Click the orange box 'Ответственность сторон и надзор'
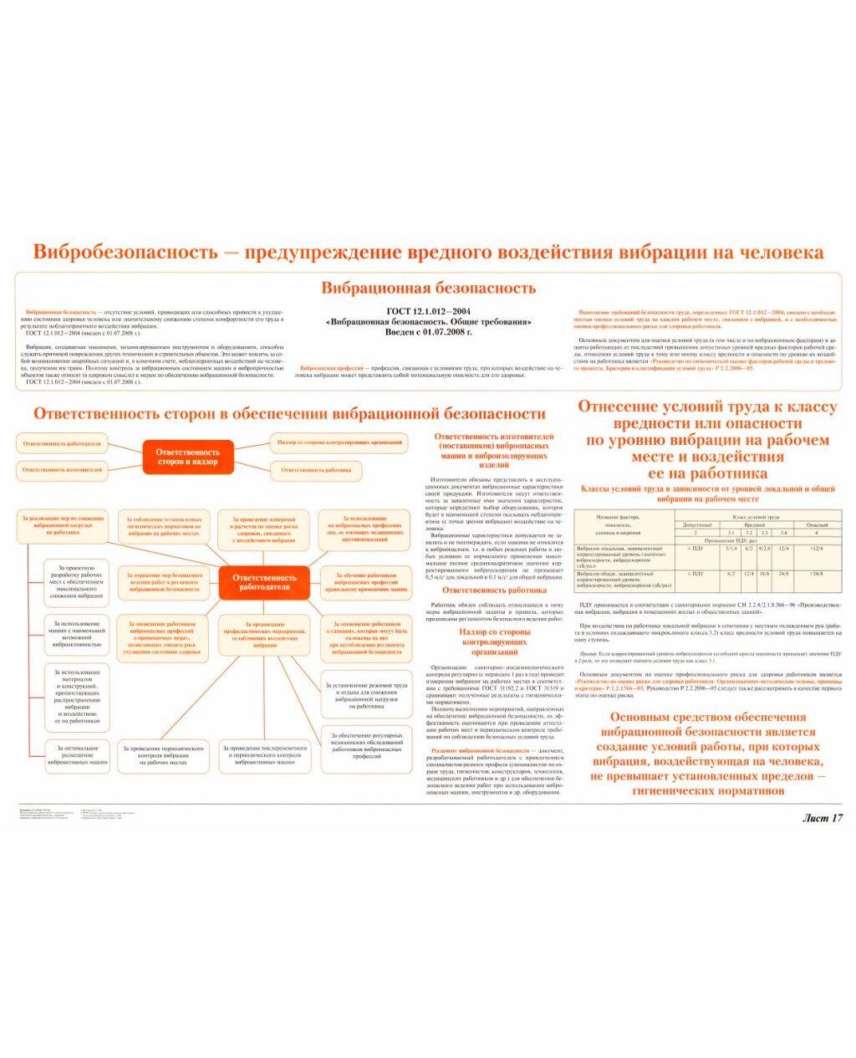187,457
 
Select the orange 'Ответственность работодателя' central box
264,582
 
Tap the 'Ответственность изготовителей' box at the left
63,470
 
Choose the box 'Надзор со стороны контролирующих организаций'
339,442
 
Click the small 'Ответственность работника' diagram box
316,470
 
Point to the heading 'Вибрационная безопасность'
428,289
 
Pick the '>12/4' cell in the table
817,549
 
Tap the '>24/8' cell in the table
817,574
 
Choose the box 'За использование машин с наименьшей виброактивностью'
77,635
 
